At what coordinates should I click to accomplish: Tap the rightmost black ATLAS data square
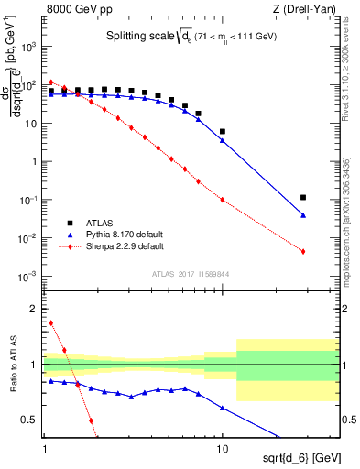click(302, 197)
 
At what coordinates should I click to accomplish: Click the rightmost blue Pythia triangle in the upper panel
click(302, 215)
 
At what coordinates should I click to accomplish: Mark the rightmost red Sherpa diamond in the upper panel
click(302, 251)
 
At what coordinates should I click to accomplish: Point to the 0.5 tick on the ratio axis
click(34, 420)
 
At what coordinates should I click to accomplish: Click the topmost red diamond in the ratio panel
click(51, 322)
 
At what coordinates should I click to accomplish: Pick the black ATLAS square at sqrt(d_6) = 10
click(223, 131)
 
